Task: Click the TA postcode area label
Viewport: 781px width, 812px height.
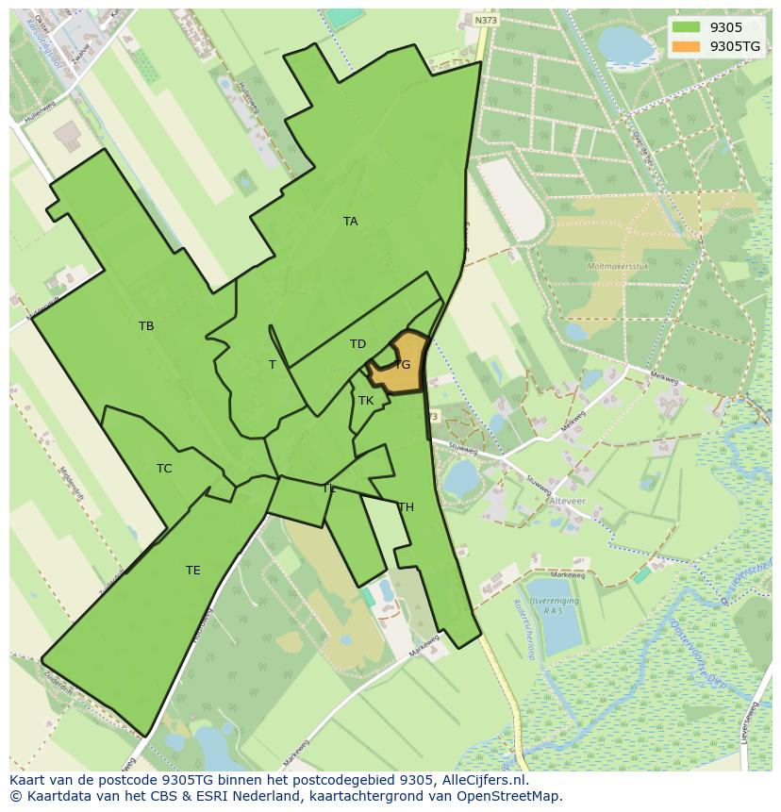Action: point(350,222)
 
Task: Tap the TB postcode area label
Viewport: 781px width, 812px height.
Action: point(146,326)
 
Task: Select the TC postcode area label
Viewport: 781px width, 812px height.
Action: point(164,469)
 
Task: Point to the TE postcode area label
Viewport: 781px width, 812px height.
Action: point(192,571)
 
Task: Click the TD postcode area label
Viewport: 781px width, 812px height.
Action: point(357,344)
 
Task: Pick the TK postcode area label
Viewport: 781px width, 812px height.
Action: point(366,401)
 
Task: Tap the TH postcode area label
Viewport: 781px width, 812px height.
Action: point(406,507)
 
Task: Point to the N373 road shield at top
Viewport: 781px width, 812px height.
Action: point(486,20)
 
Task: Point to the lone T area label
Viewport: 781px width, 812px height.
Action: point(273,365)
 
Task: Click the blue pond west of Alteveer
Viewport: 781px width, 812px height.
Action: point(461,479)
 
